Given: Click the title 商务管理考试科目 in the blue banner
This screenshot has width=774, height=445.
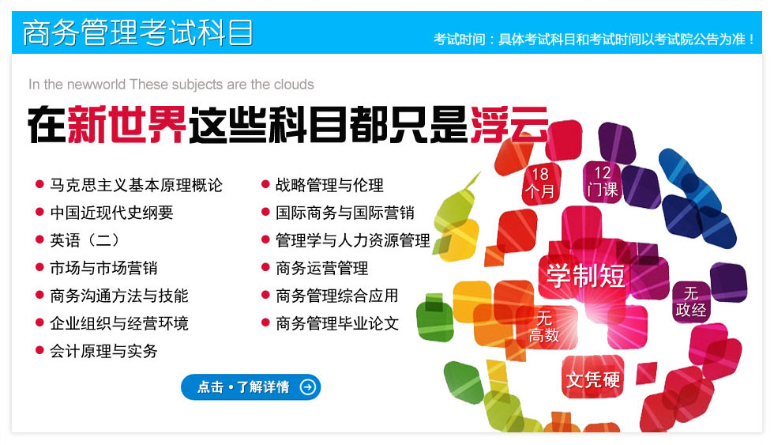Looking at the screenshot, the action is coord(137,32).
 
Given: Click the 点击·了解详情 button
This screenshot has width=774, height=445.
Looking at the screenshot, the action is coord(251,387).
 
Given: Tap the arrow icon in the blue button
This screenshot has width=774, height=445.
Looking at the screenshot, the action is coord(307,387).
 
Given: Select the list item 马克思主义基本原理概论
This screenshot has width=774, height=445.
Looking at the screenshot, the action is coord(136,185).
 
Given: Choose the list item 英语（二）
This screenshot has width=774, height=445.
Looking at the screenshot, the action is coord(85,240).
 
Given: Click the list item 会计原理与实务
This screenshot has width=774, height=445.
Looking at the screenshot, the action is coord(103,351).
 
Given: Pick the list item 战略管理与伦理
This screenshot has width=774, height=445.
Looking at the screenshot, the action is coord(329,185).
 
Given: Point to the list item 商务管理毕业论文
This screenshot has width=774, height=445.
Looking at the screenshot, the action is coord(337,323).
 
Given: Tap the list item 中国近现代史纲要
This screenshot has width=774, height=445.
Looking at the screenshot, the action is coord(111,213).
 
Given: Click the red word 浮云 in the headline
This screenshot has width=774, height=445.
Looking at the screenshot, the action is coord(509,124).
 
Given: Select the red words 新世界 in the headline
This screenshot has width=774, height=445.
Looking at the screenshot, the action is coord(127,124).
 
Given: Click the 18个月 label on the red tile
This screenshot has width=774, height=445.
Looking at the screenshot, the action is coord(540,183).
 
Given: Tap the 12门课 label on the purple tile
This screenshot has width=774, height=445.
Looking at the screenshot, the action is coord(603,181).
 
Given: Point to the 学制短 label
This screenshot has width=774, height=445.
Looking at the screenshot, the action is coord(585,276).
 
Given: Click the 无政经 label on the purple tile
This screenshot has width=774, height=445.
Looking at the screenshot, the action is coord(690,301).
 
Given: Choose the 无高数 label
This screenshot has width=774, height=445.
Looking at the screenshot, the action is coord(544,326).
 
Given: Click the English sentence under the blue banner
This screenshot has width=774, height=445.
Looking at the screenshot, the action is coord(171,85).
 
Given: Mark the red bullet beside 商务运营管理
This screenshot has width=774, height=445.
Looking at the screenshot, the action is coord(265,268).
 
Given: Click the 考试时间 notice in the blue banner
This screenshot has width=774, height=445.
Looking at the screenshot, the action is coord(594,39).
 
